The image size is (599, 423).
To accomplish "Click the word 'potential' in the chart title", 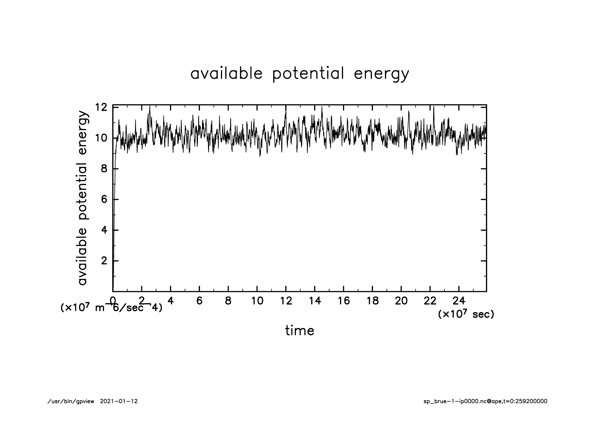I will (x=308, y=74).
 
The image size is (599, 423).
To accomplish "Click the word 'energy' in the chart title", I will (x=381, y=74).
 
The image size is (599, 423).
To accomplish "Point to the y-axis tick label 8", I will (x=104, y=169).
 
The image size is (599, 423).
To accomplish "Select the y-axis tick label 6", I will (x=104, y=199).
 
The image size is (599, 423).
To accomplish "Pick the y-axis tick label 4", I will (x=104, y=230).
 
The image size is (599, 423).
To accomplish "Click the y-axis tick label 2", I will (x=104, y=261).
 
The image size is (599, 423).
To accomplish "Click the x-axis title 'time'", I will (x=299, y=331).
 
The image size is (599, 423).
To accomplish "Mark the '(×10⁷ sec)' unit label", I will (x=466, y=314).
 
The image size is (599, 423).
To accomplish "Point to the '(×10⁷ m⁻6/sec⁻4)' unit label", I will (x=111, y=308).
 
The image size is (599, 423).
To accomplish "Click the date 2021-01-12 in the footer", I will (x=119, y=401).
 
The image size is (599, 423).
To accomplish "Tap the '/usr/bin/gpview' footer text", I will (x=71, y=401).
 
